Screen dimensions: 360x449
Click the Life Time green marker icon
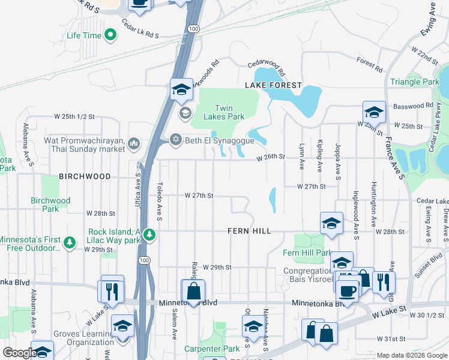110,36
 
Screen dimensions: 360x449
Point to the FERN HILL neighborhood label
249,231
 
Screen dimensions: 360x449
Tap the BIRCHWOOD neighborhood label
85,176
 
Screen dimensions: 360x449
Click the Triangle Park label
415,82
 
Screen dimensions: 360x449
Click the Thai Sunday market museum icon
133,143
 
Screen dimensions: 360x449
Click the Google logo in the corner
19,353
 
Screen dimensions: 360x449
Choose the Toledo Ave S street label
160,201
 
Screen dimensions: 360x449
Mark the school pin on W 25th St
373,112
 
